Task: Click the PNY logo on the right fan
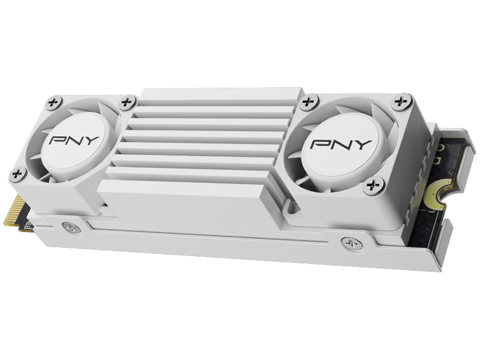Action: click(x=340, y=144)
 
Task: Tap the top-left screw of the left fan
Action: click(x=53, y=103)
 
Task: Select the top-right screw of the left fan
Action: click(x=128, y=102)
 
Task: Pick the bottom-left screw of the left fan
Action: click(x=18, y=174)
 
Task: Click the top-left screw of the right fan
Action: click(x=307, y=102)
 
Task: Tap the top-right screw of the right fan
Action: click(x=400, y=101)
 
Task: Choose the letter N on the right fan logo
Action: click(x=340, y=144)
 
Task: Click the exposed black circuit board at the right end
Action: click(x=429, y=224)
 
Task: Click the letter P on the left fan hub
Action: click(x=56, y=139)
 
